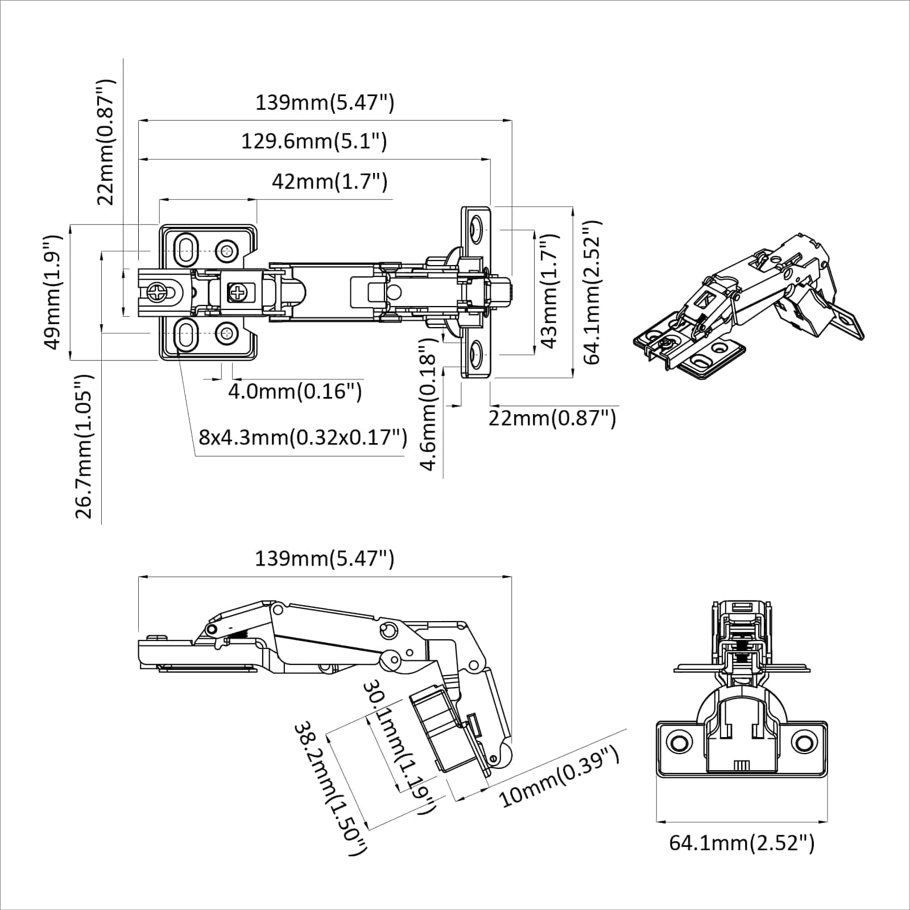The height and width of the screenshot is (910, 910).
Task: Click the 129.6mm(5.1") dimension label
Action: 314,141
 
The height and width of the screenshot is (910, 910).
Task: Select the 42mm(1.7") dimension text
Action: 329,182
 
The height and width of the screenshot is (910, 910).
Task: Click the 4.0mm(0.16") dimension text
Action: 295,391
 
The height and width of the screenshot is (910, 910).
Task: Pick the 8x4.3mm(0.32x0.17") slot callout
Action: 303,437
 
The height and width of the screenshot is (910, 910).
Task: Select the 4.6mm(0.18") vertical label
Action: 428,404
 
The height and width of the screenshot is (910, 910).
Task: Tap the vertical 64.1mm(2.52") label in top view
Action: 591,292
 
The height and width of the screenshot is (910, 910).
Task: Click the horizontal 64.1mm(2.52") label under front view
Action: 741,842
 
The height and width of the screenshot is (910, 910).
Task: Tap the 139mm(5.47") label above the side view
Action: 324,559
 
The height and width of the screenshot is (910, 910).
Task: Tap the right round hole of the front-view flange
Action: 803,742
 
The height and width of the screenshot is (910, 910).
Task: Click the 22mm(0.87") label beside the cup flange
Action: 552,418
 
